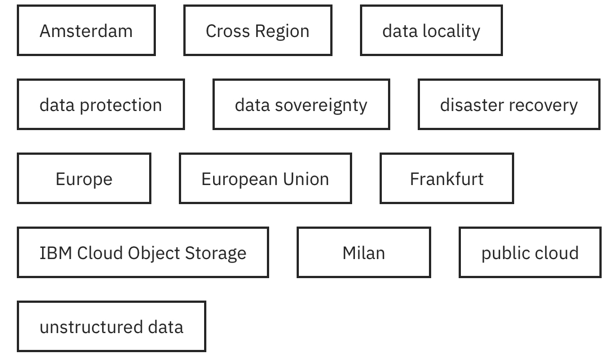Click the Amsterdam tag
pos(86,31)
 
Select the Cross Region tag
pos(257,31)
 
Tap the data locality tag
pos(431,31)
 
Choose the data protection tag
pos(100,105)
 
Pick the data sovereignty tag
pos(301,105)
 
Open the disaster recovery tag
pos(509,105)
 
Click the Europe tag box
pos(84,179)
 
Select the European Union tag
pos(265,179)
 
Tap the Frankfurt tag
pos(446,179)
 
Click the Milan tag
pos(363,252)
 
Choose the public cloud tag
pos(529,252)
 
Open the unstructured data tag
pos(111,326)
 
